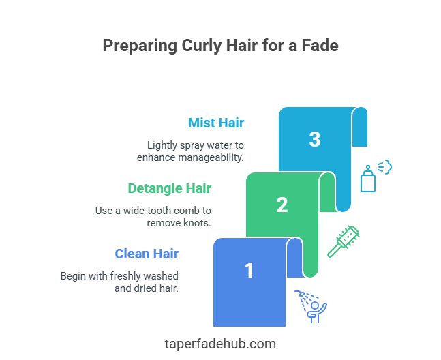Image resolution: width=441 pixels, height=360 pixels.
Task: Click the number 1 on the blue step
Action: click(x=249, y=271)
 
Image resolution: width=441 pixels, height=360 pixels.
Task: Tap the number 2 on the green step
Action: click(x=282, y=205)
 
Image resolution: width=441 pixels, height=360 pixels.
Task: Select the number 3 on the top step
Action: click(x=314, y=139)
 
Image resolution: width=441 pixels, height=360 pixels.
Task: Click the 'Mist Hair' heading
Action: click(x=216, y=123)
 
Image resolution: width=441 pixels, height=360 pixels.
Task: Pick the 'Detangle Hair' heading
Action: click(x=170, y=188)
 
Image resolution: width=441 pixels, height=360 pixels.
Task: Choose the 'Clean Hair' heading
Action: click(x=147, y=254)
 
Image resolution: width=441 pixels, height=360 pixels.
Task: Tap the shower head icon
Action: click(x=311, y=305)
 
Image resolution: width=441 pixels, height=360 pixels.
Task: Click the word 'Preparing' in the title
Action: click(x=139, y=46)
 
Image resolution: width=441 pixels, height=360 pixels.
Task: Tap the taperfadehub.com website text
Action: click(x=220, y=344)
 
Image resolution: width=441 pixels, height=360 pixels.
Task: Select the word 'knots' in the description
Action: click(x=198, y=223)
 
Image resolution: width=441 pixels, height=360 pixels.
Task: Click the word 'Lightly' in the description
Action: click(x=163, y=145)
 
